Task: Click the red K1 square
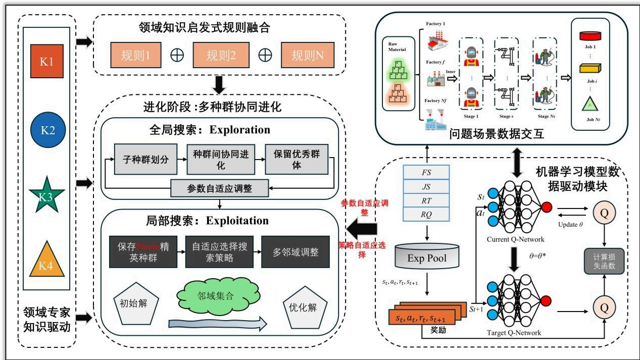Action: (47, 62)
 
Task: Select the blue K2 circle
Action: (47, 129)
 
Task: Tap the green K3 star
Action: (47, 197)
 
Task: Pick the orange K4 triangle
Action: (47, 261)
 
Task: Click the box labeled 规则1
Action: (135, 55)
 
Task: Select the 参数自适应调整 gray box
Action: (219, 188)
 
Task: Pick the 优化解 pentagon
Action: (306, 306)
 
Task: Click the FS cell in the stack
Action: (426, 172)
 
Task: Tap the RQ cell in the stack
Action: (426, 215)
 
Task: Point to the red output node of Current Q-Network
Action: (547, 206)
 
